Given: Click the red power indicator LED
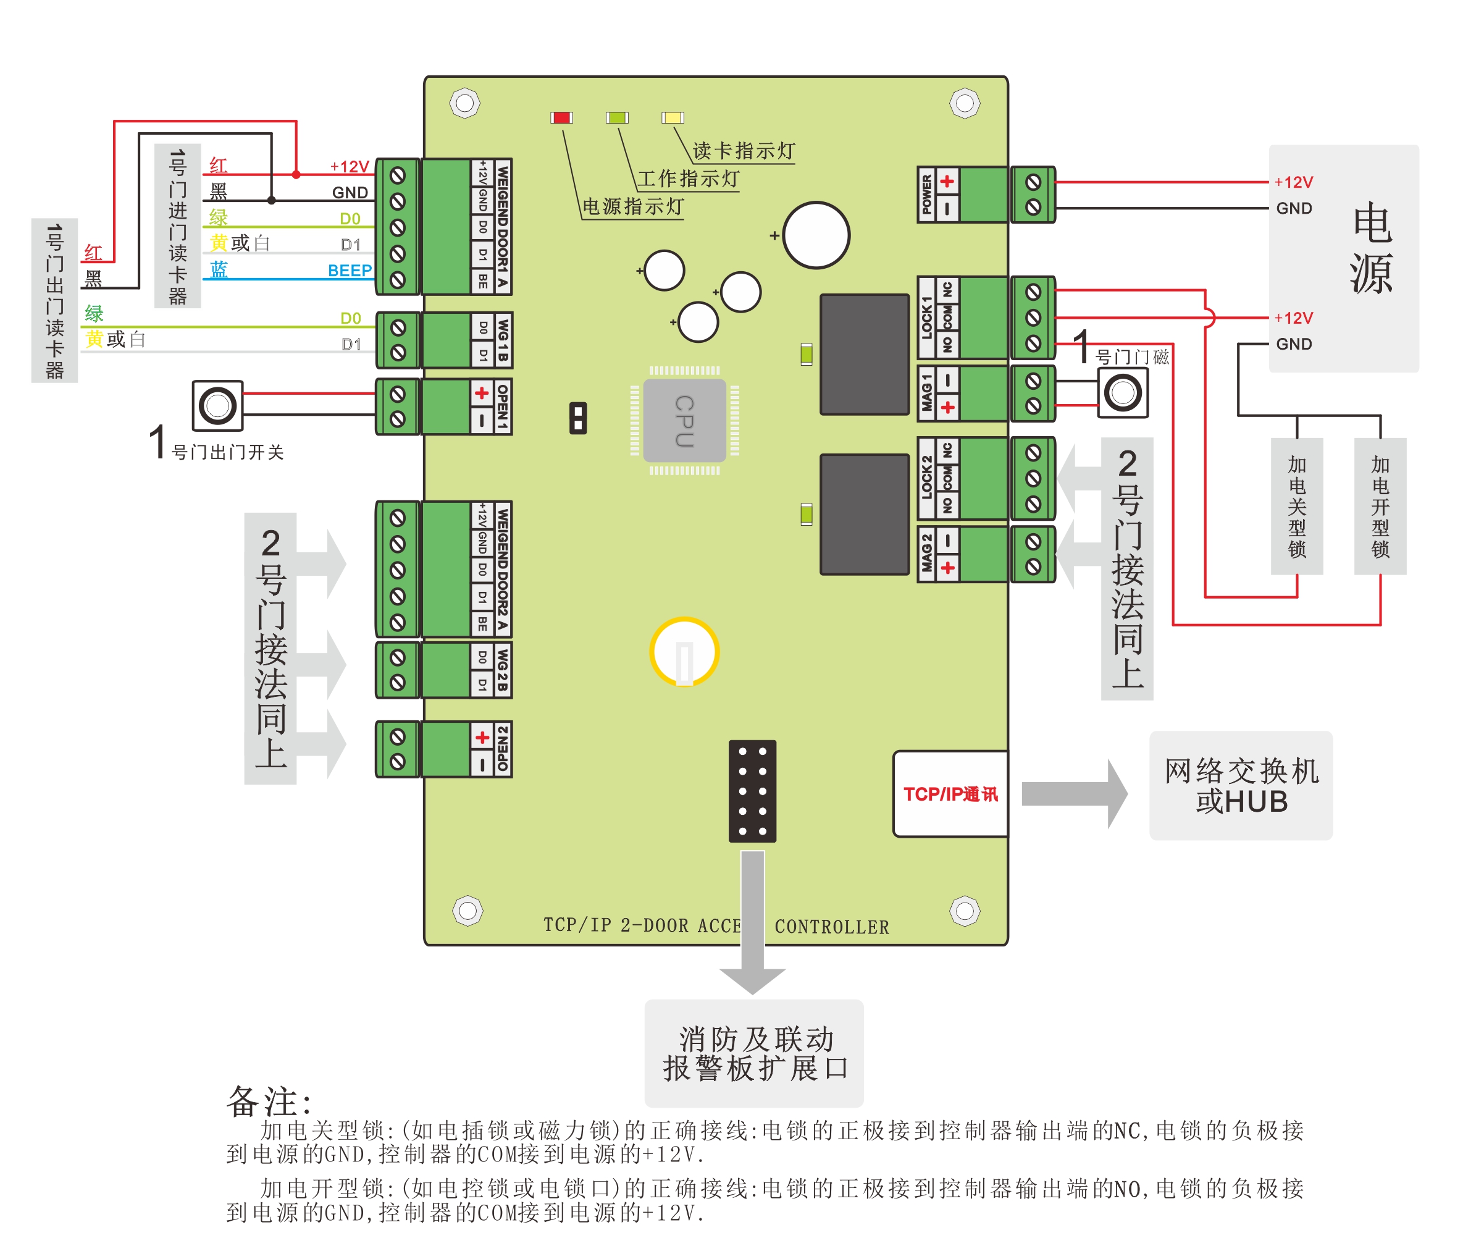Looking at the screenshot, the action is pyautogui.click(x=561, y=118).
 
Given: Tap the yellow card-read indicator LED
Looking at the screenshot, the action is pyautogui.click(x=672, y=118).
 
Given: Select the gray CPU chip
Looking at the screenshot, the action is pyautogui.click(x=684, y=420).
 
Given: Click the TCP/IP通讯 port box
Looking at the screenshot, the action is pyautogui.click(x=950, y=794).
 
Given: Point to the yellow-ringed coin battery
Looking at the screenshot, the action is pyautogui.click(x=684, y=652).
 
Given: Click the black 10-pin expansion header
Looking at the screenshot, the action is pyautogui.click(x=752, y=791).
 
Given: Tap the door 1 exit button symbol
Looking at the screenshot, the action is pyautogui.click(x=217, y=405).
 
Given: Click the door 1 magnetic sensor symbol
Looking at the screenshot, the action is pyautogui.click(x=1123, y=392).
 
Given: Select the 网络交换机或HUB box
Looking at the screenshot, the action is pyautogui.click(x=1241, y=785).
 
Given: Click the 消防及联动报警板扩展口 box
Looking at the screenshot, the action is pyautogui.click(x=754, y=1053).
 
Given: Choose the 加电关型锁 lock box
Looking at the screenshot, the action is pyautogui.click(x=1297, y=506).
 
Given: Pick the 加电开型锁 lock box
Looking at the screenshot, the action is pyautogui.click(x=1380, y=506).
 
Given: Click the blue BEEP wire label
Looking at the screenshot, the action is pyautogui.click(x=350, y=271).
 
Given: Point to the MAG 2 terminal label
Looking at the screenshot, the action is pyautogui.click(x=926, y=554).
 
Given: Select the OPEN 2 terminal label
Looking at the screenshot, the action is pyautogui.click(x=503, y=749).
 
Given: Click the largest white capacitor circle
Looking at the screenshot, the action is pyautogui.click(x=816, y=235).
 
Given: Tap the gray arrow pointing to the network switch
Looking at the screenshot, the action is pyautogui.click(x=1075, y=794).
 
